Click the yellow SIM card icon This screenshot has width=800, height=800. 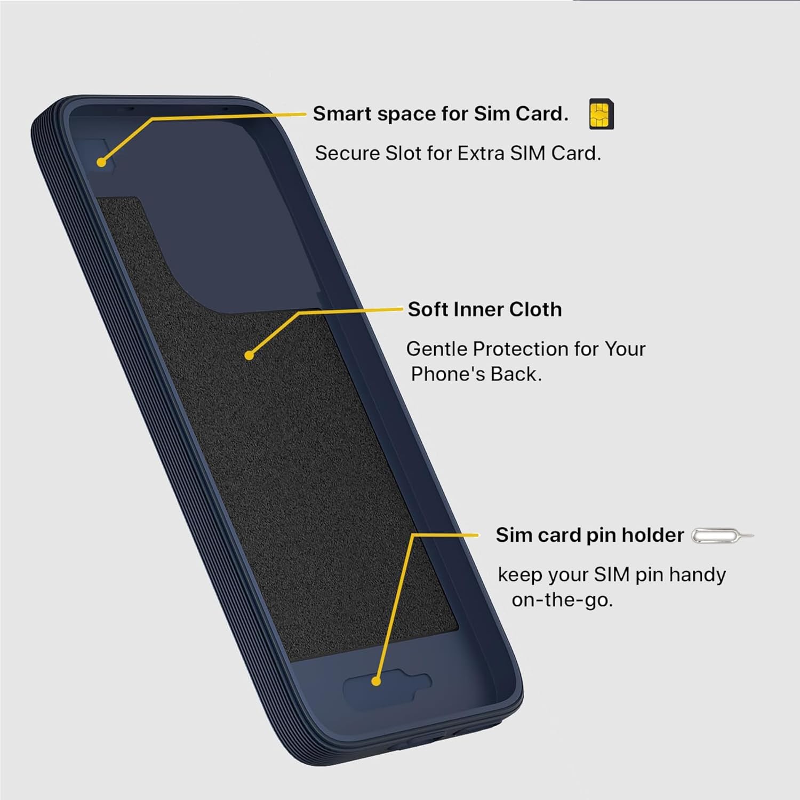[x=601, y=114]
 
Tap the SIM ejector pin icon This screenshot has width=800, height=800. [x=722, y=535]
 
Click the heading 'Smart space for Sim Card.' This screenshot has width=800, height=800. [x=441, y=114]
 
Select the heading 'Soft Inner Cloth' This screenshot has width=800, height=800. [x=484, y=309]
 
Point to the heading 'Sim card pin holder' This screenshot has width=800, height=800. [x=589, y=535]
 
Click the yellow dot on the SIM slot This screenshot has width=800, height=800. [x=101, y=162]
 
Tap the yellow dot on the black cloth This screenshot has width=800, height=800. [x=249, y=355]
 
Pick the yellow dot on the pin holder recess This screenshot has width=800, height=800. [x=376, y=681]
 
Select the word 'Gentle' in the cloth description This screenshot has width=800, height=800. [x=436, y=349]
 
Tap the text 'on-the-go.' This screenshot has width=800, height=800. [x=562, y=600]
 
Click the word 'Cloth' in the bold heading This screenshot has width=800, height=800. [x=535, y=309]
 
